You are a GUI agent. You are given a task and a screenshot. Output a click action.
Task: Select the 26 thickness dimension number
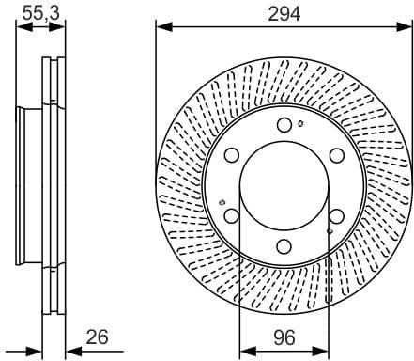click(97, 335)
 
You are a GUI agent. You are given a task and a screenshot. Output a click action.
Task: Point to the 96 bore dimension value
click(284, 335)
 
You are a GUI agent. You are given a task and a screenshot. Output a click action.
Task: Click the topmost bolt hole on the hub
click(284, 125)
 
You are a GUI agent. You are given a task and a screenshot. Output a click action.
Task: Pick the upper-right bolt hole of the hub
click(337, 156)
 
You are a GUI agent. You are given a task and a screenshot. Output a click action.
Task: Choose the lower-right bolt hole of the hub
click(337, 217)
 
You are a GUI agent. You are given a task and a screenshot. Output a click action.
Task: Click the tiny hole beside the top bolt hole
click(299, 122)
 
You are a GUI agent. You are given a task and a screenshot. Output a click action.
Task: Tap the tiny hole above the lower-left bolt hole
click(220, 201)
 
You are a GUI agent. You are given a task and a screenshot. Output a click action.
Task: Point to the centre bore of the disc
click(284, 186)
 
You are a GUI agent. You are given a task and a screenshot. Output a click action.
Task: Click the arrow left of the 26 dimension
click(38, 350)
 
